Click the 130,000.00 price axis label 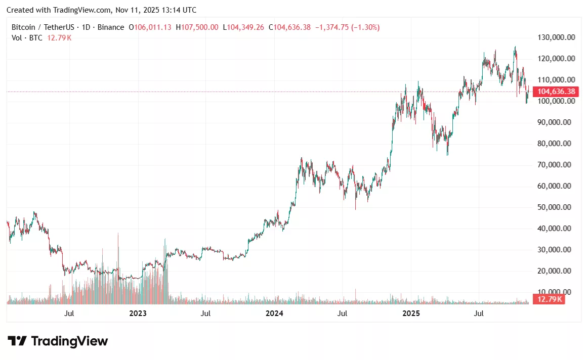point(555,37)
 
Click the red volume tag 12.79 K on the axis point(549,299)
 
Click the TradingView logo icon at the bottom point(17,341)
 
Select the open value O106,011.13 point(150,27)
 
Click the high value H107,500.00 point(197,27)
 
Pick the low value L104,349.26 point(243,27)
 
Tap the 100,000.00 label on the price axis point(555,101)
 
